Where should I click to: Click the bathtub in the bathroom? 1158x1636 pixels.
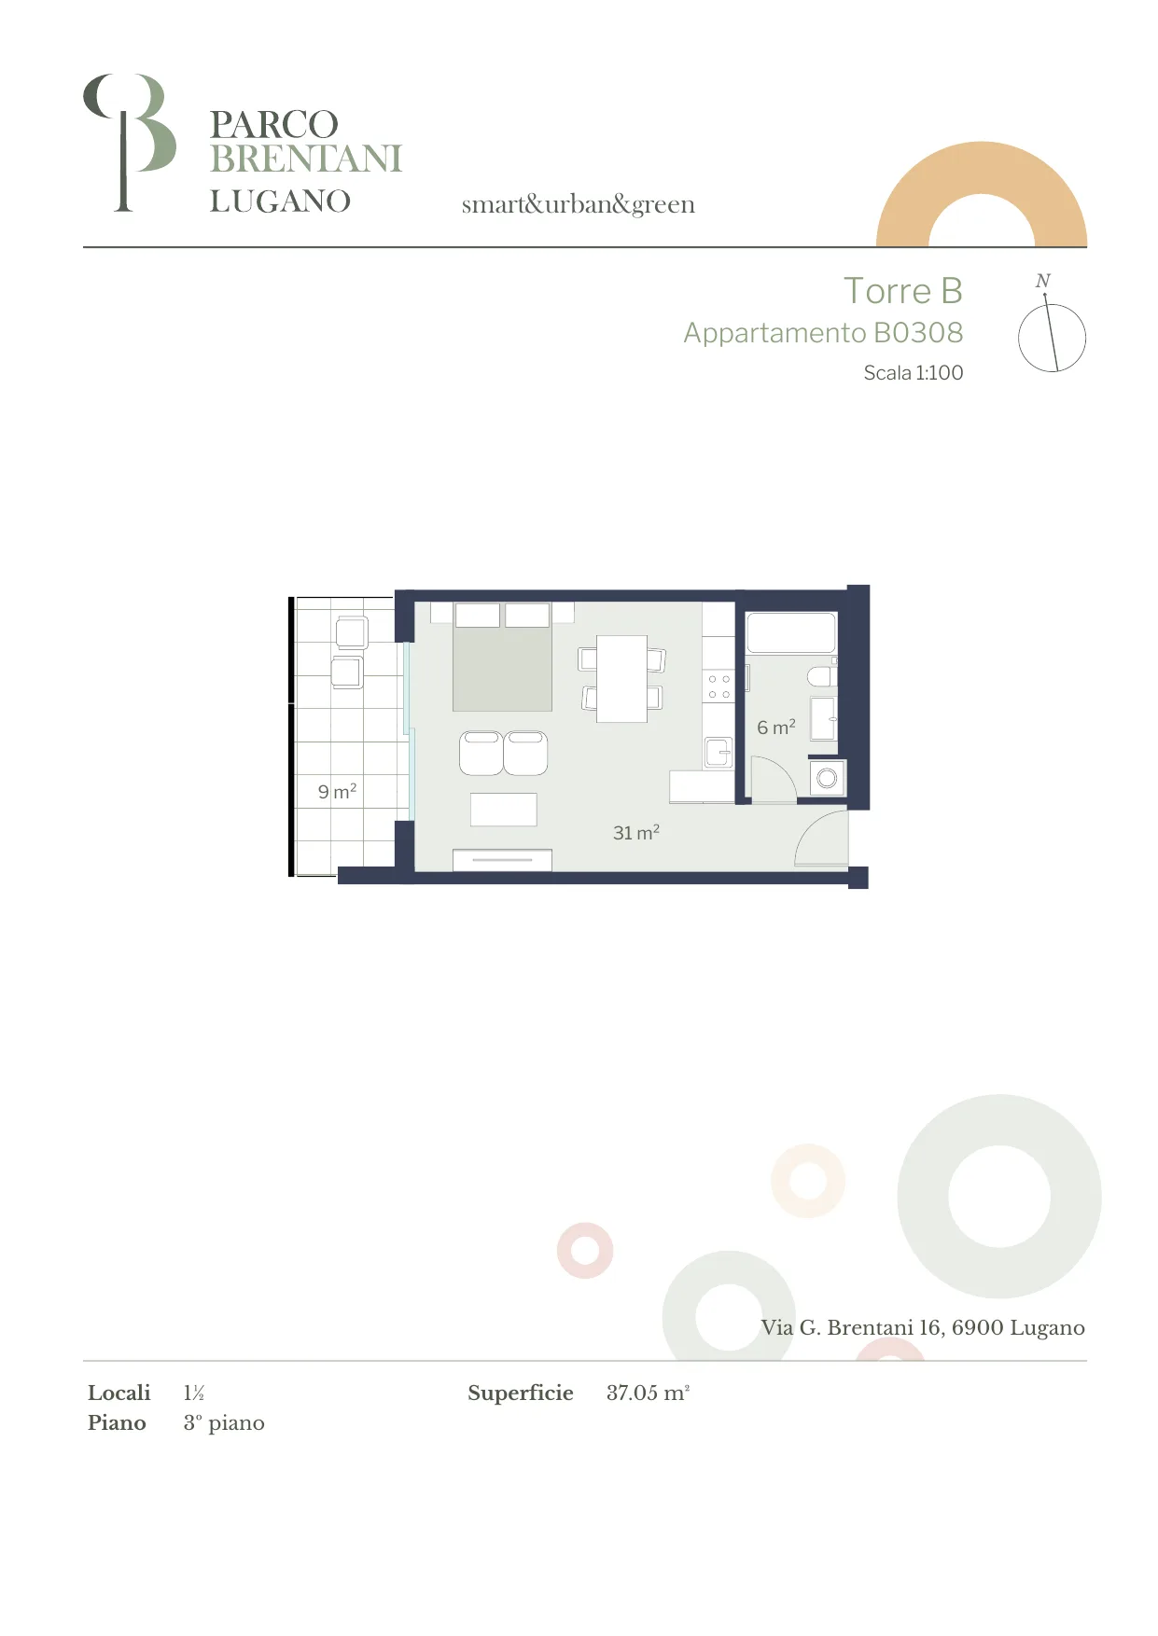pyautogui.click(x=790, y=632)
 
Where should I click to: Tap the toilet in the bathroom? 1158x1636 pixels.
pyautogui.click(x=822, y=675)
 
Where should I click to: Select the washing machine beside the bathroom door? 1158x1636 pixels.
pyautogui.click(x=827, y=778)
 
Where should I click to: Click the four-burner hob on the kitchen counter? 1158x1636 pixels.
pyautogui.click(x=719, y=686)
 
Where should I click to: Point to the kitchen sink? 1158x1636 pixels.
pyautogui.click(x=718, y=752)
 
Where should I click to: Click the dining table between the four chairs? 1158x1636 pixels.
pyautogui.click(x=621, y=678)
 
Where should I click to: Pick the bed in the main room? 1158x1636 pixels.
pyautogui.click(x=502, y=657)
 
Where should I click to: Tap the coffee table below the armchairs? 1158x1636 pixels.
pyautogui.click(x=504, y=810)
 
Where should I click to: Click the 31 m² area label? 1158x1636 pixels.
pyautogui.click(x=636, y=832)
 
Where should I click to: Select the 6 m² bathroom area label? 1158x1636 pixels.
pyautogui.click(x=776, y=727)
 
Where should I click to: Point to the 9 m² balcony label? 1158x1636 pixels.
pyautogui.click(x=337, y=791)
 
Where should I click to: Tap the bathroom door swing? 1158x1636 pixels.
pyautogui.click(x=774, y=779)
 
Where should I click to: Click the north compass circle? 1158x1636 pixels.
pyautogui.click(x=1052, y=338)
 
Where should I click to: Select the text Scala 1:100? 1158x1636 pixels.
pyautogui.click(x=913, y=372)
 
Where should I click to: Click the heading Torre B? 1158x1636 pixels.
pyautogui.click(x=902, y=291)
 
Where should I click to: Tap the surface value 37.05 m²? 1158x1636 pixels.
pyautogui.click(x=648, y=1393)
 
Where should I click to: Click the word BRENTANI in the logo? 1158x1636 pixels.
pyautogui.click(x=306, y=159)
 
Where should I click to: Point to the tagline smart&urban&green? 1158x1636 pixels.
pyautogui.click(x=579, y=204)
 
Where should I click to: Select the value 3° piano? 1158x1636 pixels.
pyautogui.click(x=224, y=1422)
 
